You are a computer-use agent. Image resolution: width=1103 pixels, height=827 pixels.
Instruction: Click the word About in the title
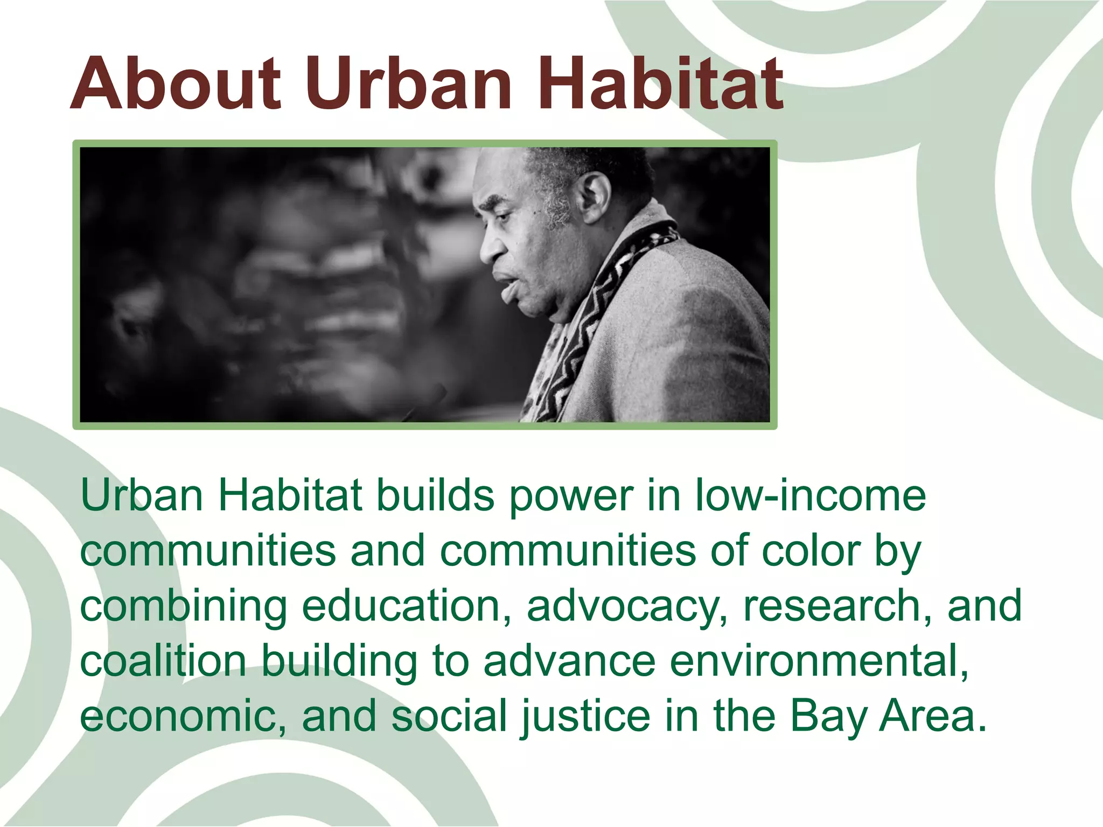pyautogui.click(x=176, y=84)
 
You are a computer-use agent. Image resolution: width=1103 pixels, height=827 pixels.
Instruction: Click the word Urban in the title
pyautogui.click(x=409, y=84)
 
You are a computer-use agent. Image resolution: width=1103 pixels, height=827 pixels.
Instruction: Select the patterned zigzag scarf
pyautogui.click(x=587, y=323)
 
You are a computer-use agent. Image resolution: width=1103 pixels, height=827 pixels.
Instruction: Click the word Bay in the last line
pyautogui.click(x=829, y=717)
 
